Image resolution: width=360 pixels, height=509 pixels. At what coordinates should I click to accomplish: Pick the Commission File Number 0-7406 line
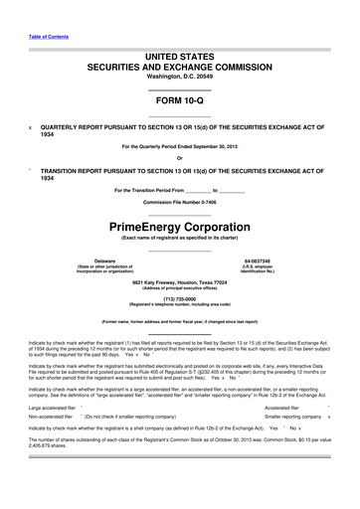179,202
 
